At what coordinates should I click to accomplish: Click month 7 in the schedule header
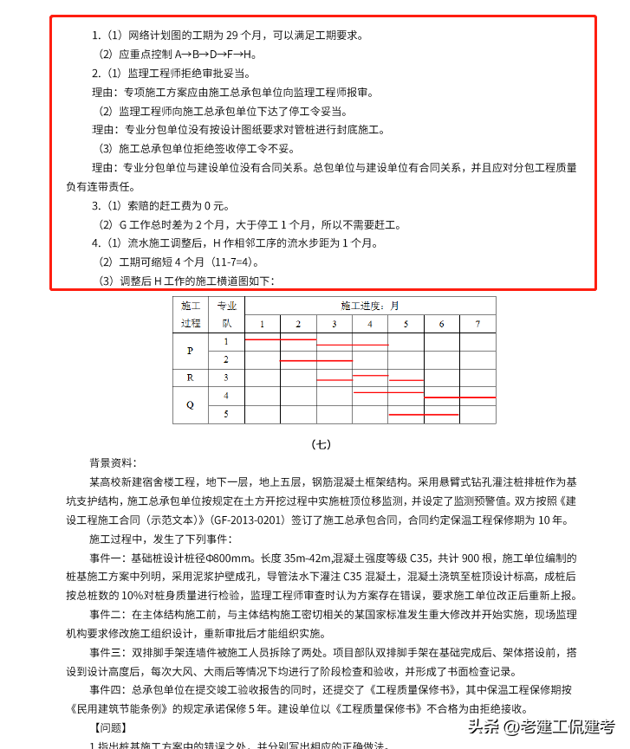pos(477,324)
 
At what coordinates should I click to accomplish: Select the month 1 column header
pos(263,324)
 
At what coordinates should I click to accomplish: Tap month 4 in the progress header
pos(370,324)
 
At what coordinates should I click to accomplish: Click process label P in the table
pos(191,351)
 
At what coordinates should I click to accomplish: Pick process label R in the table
pos(191,378)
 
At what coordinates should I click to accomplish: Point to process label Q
pos(191,404)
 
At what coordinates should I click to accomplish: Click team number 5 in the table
pos(226,414)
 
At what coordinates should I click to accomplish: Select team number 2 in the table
pos(226,359)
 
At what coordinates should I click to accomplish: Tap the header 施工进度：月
pos(370,306)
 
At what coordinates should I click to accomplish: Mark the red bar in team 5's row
pos(442,415)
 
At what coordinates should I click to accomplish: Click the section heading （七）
pos(321,445)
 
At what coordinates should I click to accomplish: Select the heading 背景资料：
pos(113,463)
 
